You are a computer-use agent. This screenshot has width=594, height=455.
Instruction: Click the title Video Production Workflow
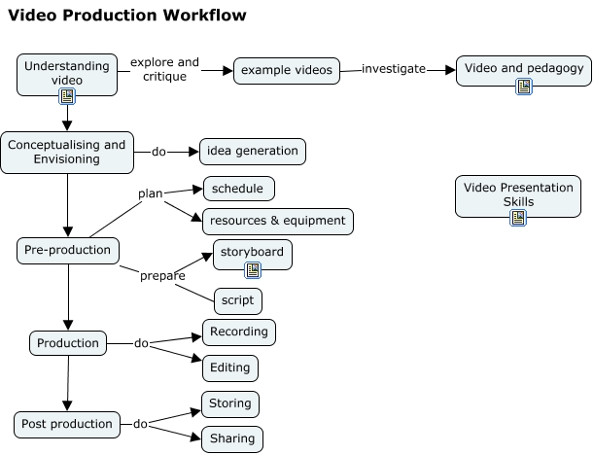point(126,16)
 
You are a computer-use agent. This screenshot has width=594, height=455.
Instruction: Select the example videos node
point(287,70)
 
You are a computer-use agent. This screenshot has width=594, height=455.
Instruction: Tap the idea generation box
point(253,152)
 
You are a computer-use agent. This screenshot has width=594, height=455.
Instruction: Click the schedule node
point(238,188)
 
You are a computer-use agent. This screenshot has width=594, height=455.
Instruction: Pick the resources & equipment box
point(278,221)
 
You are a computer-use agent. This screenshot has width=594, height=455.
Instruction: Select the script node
point(237,300)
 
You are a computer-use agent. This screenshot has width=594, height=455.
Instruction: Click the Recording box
point(239,332)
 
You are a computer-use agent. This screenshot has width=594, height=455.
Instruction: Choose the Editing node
point(230,367)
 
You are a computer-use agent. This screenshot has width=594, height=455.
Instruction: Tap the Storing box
point(230,403)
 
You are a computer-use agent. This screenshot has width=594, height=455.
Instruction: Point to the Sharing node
point(232,438)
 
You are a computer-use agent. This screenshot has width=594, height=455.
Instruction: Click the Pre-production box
point(68,250)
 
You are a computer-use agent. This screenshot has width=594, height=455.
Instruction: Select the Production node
point(68,343)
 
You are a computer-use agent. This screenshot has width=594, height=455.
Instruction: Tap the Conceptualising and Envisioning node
point(67,153)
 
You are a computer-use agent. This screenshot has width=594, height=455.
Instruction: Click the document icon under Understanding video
point(67,96)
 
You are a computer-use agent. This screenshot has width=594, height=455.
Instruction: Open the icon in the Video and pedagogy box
point(524,87)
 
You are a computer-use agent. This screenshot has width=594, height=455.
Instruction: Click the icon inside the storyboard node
point(253,269)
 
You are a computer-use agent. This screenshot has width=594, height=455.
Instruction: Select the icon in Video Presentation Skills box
point(518,217)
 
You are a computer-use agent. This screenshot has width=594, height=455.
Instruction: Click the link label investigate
point(394,69)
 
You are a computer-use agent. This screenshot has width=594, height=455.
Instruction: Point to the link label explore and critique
point(164,69)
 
